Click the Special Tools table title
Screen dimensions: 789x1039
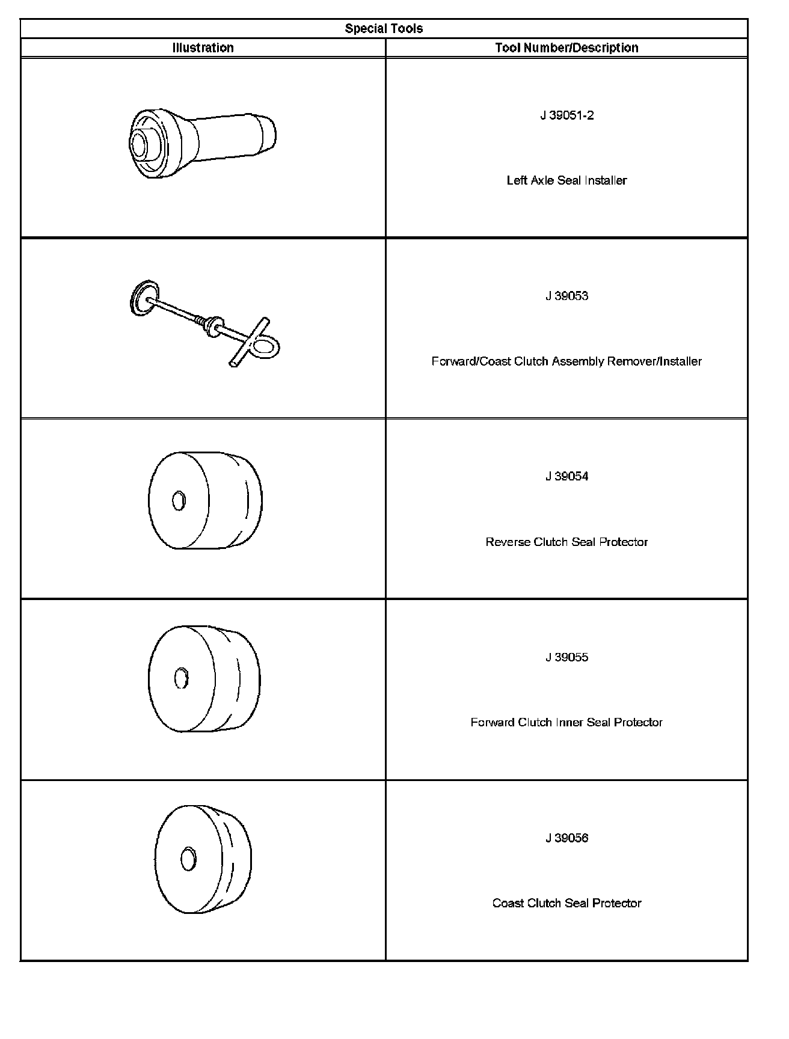pos(384,28)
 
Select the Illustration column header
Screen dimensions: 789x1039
pos(203,48)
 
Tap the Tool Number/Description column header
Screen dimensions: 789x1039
pos(566,48)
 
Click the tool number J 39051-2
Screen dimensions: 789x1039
pos(566,115)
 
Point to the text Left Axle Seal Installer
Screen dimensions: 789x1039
pos(566,180)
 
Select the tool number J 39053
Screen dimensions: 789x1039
pos(566,296)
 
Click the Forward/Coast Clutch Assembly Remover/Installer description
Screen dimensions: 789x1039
pos(566,361)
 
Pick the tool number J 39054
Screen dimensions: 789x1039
pos(566,476)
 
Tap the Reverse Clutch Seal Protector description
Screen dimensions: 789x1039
pos(566,542)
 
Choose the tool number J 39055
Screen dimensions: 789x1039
pos(566,657)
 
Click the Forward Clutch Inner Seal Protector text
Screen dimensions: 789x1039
pos(566,722)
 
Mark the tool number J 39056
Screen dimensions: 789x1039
pos(566,838)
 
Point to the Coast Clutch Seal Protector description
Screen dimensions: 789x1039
pos(566,903)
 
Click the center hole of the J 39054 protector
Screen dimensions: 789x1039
pos(179,500)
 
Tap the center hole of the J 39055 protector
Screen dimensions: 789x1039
pos(181,678)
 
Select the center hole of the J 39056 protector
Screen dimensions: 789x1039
pos(188,858)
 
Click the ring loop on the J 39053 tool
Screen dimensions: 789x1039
pos(267,346)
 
